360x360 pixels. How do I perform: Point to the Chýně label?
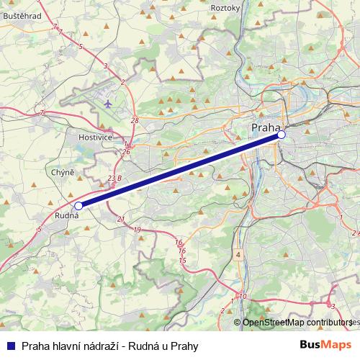pos(63,173)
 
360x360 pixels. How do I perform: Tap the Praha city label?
pos(266,128)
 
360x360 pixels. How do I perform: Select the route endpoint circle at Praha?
pos(282,134)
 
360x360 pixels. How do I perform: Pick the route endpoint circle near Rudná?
pos(78,205)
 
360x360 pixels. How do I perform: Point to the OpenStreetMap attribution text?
pos(292,323)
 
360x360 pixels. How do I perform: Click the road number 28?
pos(135,120)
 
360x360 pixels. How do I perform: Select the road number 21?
pos(120,220)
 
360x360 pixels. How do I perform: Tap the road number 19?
pos(137,229)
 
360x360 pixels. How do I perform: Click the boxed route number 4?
pos(238,254)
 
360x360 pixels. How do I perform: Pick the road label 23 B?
pos(114,177)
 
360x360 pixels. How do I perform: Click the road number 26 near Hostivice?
pos(126,151)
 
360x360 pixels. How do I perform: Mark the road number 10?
pos(243,296)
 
